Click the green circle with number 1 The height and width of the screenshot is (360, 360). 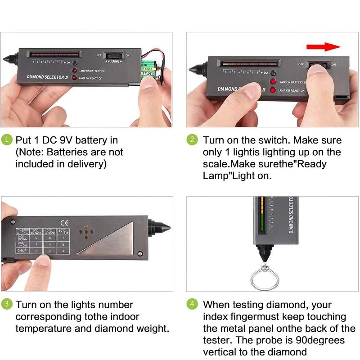[x=7, y=140]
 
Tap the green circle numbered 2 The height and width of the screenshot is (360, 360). [x=192, y=140]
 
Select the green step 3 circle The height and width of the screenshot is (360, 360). [x=7, y=304]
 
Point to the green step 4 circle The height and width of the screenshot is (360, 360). [x=192, y=304]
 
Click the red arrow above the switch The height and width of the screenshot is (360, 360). [x=323, y=47]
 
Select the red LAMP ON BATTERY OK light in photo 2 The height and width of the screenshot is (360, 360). [x=272, y=82]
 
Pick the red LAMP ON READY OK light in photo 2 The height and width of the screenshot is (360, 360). [x=272, y=90]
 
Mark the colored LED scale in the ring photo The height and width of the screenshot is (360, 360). [x=261, y=216]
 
